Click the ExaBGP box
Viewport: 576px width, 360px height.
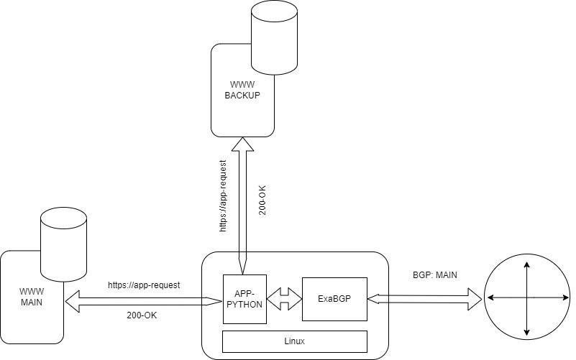tap(334, 299)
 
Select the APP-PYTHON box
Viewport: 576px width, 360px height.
tap(244, 299)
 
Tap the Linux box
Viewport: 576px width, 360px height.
tap(295, 341)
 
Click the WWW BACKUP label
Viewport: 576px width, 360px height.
tap(242, 90)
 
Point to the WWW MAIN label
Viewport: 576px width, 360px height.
tap(32, 297)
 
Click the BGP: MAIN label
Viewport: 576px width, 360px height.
tap(435, 275)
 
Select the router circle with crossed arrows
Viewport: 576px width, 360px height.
tap(527, 297)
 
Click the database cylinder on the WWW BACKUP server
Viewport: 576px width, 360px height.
tap(274, 37)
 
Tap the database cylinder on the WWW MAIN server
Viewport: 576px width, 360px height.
tap(63, 245)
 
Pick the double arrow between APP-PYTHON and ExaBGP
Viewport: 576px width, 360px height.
tap(284, 299)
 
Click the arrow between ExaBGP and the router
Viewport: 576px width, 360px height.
tap(424, 299)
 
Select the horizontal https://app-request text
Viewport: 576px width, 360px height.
tap(144, 285)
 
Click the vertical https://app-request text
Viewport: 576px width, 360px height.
tap(223, 196)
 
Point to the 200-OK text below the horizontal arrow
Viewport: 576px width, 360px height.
tap(142, 315)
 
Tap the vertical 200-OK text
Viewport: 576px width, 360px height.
tap(262, 200)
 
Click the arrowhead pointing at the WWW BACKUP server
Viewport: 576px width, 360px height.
tap(242, 144)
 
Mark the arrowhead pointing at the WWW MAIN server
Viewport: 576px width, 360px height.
tap(73, 301)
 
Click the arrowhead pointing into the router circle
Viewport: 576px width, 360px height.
tap(475, 299)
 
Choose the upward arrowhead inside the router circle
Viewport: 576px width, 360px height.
tap(527, 265)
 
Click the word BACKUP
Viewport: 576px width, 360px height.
tap(242, 96)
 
